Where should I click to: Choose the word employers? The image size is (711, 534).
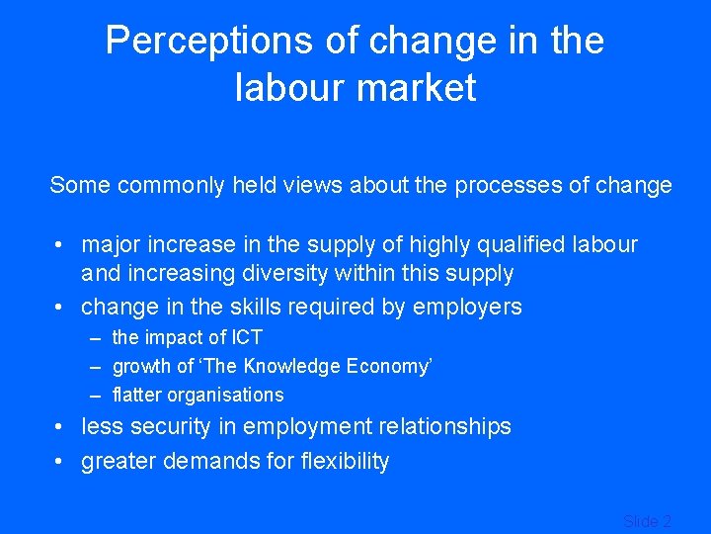pos(467,308)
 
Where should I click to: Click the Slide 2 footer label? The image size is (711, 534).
pos(648,521)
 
